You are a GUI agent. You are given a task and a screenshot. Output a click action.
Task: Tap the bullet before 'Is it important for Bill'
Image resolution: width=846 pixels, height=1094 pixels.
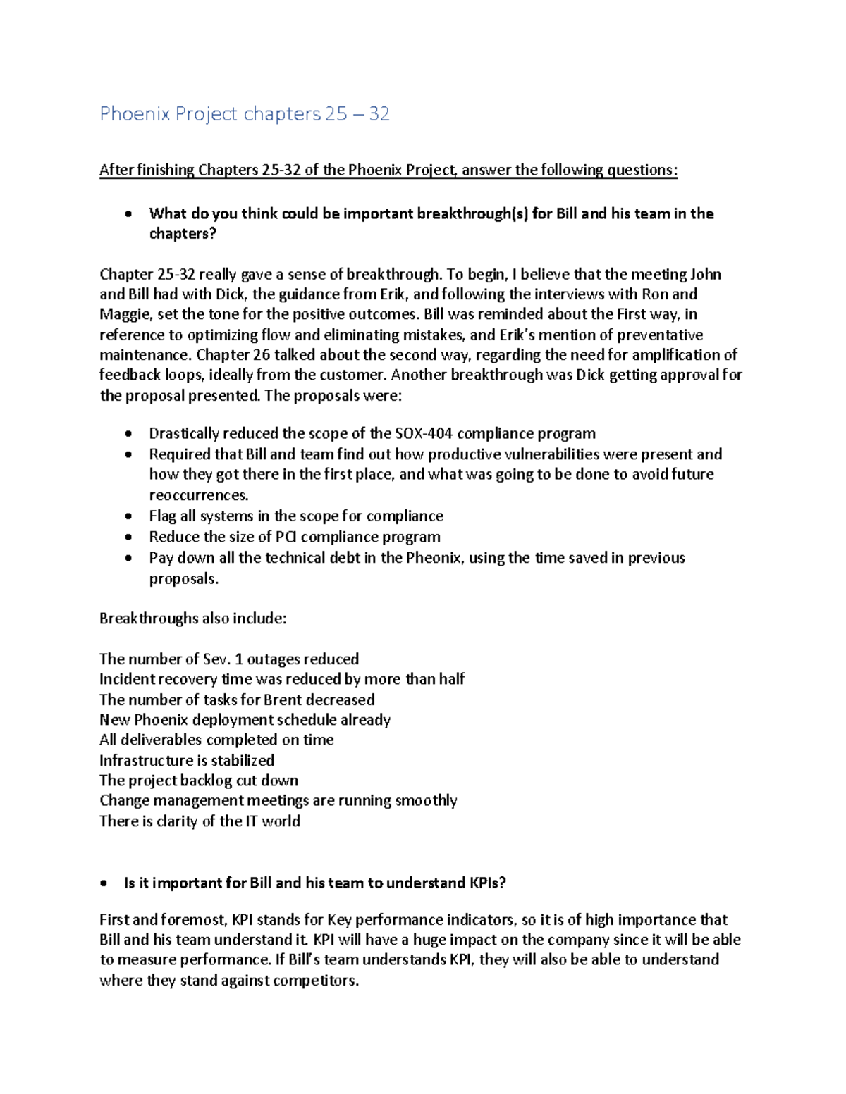click(104, 883)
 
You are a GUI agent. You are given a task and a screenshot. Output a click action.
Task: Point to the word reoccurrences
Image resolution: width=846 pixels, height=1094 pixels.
click(198, 495)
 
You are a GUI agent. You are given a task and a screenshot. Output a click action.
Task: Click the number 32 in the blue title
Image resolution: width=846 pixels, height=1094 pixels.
click(379, 113)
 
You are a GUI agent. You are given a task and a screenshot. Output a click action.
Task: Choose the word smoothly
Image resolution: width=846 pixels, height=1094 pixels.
click(426, 800)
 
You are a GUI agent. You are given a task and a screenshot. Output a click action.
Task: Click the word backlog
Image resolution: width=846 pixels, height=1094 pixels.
click(206, 781)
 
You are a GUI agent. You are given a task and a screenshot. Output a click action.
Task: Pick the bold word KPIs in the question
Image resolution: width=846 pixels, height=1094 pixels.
click(487, 883)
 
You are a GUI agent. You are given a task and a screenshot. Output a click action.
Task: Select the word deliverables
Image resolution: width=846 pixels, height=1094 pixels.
click(165, 740)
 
